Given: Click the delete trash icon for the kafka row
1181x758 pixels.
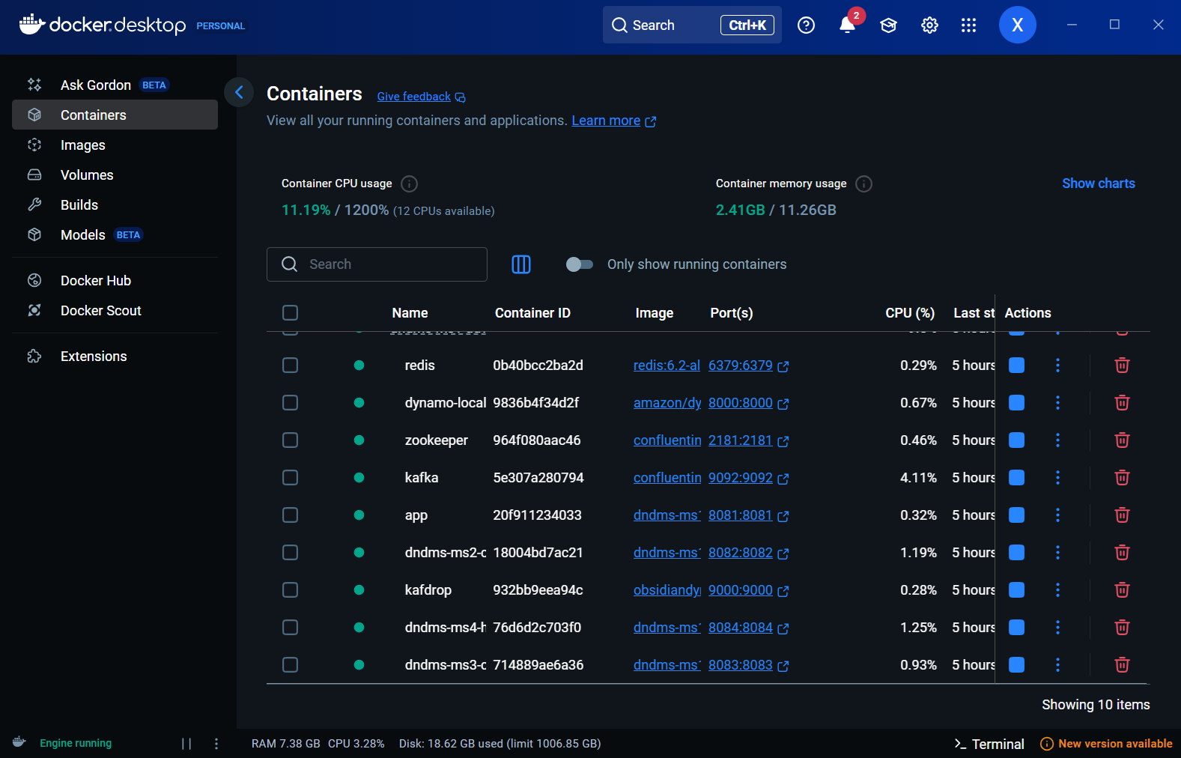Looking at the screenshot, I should pos(1122,477).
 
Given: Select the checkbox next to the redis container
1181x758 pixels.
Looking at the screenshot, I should pos(290,365).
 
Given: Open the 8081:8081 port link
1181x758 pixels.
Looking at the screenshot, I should pos(740,515).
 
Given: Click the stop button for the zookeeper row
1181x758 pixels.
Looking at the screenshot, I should pos(1016,440).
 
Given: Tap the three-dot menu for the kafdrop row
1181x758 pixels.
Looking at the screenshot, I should pos(1057,589).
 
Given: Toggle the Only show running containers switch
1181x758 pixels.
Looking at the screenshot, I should pos(579,264).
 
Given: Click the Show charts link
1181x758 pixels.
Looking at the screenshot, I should pos(1098,184).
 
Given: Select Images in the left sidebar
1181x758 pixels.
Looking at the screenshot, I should pos(82,145).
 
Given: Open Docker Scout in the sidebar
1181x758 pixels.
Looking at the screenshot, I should pos(100,311).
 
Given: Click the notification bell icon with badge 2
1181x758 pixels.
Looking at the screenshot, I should pos(847,25).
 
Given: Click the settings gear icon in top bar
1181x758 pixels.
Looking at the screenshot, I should pos(929,25).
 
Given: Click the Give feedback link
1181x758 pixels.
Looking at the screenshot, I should pos(414,97).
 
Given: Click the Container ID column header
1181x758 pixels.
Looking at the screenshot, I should pos(532,313).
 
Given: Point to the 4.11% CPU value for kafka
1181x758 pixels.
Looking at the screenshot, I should pos(918,478).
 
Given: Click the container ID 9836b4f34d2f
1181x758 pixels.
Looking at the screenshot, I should pos(535,403).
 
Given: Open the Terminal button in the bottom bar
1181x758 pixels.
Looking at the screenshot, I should pos(989,744).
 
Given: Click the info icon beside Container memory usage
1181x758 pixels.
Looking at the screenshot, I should pos(863,184).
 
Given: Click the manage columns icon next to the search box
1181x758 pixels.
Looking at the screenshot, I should pos(521,264).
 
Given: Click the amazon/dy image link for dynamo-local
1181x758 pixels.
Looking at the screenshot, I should pos(667,403).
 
